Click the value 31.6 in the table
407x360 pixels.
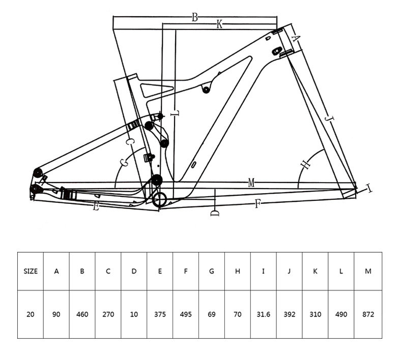click(x=264, y=314)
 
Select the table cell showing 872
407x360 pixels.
click(x=368, y=314)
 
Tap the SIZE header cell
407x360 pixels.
click(x=31, y=272)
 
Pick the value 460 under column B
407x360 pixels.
click(x=82, y=314)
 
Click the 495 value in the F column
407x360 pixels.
click(x=186, y=314)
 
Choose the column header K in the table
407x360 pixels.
click(x=315, y=272)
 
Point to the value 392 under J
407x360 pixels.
click(x=289, y=314)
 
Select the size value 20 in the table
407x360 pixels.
click(x=31, y=314)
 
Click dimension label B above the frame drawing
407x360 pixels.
click(x=195, y=18)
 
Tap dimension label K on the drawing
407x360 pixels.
click(x=219, y=24)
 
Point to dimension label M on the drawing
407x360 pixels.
click(x=251, y=183)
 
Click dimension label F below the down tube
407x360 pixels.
click(x=257, y=204)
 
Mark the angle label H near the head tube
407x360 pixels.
click(x=306, y=164)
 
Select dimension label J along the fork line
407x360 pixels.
click(x=329, y=119)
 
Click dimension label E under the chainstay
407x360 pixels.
click(x=96, y=207)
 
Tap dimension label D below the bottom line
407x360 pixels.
click(x=215, y=213)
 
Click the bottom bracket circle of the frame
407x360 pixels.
click(x=159, y=200)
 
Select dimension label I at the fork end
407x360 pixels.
click(x=368, y=188)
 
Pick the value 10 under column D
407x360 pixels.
click(x=134, y=314)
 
